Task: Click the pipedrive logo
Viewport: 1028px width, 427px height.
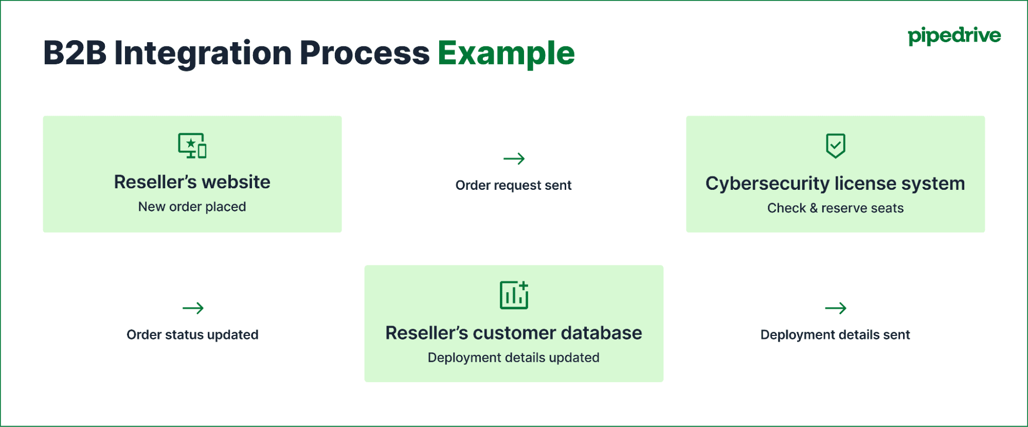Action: (954, 36)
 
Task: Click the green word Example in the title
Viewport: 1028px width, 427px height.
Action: (506, 53)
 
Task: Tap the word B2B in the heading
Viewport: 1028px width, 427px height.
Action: (75, 53)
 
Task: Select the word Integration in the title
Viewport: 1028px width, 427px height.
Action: (203, 53)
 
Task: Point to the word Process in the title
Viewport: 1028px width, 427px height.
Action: (364, 53)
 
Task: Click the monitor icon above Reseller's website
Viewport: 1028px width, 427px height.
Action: (192, 146)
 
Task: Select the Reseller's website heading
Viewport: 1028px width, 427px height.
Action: (192, 182)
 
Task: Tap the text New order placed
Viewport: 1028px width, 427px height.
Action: (192, 207)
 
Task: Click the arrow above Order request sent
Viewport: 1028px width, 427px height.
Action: (514, 158)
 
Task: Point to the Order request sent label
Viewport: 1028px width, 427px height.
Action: (513, 185)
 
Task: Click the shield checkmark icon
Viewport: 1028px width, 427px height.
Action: (835, 146)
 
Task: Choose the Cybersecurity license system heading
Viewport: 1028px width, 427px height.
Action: (835, 184)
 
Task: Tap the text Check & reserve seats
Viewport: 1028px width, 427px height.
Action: (835, 208)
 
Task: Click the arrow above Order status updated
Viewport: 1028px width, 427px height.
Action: (193, 308)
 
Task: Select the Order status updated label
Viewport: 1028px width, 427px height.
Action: (192, 335)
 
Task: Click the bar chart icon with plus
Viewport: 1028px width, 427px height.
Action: (514, 295)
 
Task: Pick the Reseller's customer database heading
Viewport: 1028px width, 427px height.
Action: (513, 333)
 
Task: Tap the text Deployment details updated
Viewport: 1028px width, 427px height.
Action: (513, 358)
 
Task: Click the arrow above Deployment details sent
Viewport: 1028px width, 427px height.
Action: (835, 308)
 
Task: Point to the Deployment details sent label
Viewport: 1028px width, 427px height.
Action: (835, 335)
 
